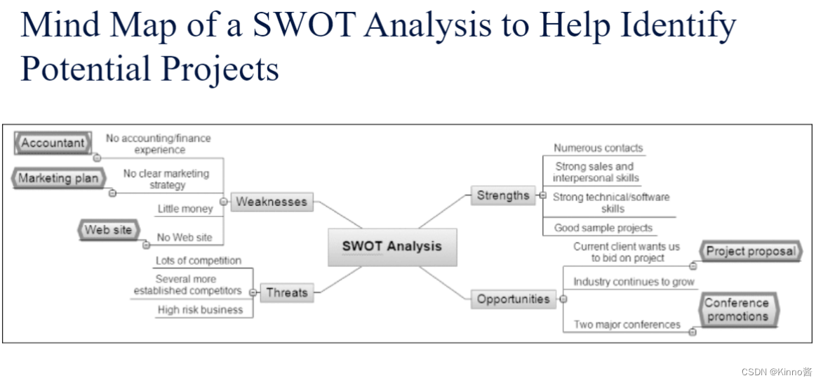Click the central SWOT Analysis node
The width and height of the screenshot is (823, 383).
392,247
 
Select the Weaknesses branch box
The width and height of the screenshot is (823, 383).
271,202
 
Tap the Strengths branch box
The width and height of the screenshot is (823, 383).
503,196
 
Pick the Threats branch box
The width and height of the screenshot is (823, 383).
286,292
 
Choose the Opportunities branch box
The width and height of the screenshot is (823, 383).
513,299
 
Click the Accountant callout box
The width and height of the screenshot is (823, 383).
53,143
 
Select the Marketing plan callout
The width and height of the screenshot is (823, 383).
58,178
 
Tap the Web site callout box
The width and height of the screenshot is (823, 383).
108,231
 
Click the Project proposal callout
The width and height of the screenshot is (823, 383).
751,251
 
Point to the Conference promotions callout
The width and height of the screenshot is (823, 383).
737,310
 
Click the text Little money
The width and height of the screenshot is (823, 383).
185,209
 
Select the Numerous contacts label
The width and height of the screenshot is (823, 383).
598,148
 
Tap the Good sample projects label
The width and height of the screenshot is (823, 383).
603,228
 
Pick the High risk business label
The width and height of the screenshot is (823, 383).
200,310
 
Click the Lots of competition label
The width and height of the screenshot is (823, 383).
199,261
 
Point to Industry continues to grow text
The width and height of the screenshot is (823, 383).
634,282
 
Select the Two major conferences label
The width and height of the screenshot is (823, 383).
627,325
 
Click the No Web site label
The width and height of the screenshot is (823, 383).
185,238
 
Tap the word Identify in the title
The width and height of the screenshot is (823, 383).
677,26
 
